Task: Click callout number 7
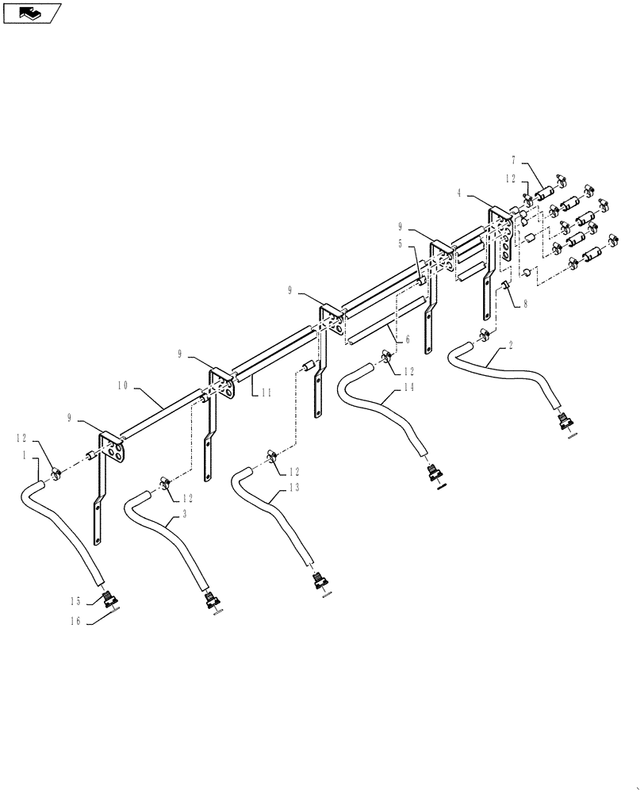point(514,161)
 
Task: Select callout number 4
point(459,193)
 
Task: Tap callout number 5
point(401,243)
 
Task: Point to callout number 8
point(525,304)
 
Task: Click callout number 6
point(407,340)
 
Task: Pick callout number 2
point(511,346)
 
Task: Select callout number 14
point(408,388)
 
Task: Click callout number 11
point(267,393)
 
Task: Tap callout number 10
point(123,386)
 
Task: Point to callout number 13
point(294,488)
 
